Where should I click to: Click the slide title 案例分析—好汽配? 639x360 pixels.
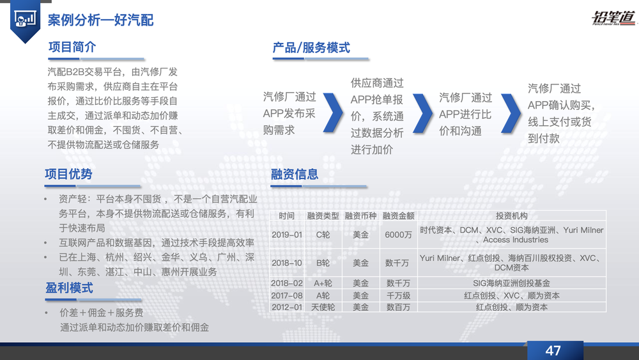[x=100, y=20]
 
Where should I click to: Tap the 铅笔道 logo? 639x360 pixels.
[x=613, y=17]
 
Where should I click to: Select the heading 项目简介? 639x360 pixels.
[x=72, y=47]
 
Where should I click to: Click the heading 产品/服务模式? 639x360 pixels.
[x=311, y=48]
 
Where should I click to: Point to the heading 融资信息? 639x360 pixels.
[x=294, y=174]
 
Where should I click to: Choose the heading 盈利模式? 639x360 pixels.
[x=69, y=288]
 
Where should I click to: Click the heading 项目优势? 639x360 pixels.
[x=68, y=174]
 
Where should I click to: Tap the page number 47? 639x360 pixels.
[x=553, y=350]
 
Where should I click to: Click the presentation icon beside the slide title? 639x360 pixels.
[x=25, y=19]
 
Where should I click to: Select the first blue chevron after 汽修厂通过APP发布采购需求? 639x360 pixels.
[x=333, y=113]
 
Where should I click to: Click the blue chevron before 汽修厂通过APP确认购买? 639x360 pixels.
[x=511, y=113]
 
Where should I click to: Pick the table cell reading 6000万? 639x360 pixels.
[x=398, y=235]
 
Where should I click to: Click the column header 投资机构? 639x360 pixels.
[x=511, y=216]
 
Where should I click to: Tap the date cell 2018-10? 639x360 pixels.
[x=287, y=263]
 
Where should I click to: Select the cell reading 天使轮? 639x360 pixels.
[x=323, y=307]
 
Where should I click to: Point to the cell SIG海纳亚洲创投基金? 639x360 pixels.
[x=511, y=283]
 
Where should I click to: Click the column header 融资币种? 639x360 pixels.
[x=360, y=216]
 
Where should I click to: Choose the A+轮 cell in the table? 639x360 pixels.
[x=323, y=283]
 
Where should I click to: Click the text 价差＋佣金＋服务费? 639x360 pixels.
[x=102, y=313]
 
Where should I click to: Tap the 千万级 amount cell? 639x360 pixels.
[x=398, y=295]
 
